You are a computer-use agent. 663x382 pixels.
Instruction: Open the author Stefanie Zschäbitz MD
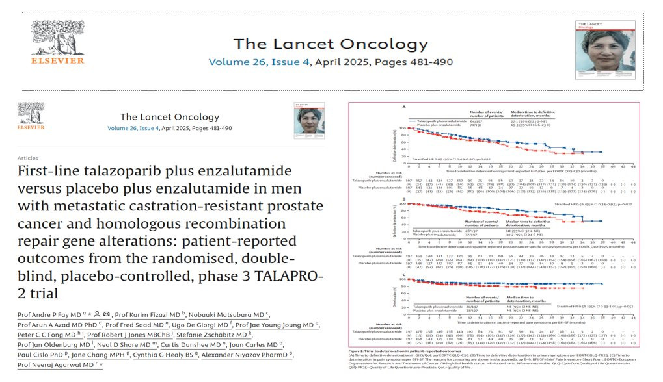tap(220, 335)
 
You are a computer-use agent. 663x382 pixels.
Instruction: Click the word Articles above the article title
tap(27, 157)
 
